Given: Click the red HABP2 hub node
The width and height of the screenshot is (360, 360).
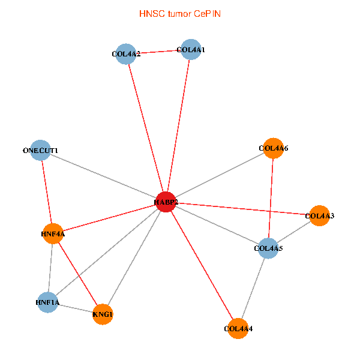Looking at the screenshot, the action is pos(166,202).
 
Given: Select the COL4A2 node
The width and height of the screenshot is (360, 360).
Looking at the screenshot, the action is pos(125,54).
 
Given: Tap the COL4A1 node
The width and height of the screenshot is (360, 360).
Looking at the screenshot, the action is pos(190,50).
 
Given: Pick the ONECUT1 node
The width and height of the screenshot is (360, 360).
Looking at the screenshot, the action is pos(41,150).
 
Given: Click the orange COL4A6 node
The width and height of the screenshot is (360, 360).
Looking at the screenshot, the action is pos(273,148).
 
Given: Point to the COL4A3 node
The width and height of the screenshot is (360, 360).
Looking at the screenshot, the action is pos(319,216).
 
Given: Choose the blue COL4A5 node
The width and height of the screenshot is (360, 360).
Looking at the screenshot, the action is pos(268,248).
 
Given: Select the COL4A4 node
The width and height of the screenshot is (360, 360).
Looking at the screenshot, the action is pos(238,328).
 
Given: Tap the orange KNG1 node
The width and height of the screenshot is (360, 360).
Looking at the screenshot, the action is pos(103,314).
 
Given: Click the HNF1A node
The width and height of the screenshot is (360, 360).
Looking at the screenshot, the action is pos(47,302).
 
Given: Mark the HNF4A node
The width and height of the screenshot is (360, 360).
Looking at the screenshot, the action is pos(53,233).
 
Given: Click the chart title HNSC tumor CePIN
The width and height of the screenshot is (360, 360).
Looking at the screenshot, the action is pos(179,13).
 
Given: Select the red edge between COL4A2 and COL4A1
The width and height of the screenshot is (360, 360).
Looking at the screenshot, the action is pos(158,52).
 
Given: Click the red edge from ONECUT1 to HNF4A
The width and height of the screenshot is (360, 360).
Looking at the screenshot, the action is pos(47,192).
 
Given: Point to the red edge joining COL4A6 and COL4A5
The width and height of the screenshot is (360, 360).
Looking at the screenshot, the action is pos(271,198).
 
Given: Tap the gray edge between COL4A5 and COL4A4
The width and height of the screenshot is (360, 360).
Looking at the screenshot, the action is pos(253,288).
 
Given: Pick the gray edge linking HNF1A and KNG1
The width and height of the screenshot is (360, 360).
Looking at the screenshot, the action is pos(75,308).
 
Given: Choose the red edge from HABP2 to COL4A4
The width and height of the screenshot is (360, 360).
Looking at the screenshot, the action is pos(202,265).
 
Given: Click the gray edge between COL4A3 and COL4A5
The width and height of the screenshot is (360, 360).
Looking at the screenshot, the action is pos(293,232).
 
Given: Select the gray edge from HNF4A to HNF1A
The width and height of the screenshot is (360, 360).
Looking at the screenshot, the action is pos(50,268).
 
